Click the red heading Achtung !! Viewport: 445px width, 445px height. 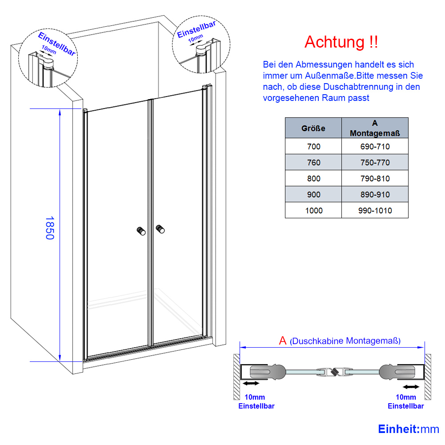pyautogui.click(x=341, y=42)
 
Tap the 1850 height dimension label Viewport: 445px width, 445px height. pyautogui.click(x=50, y=228)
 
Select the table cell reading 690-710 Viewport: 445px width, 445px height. pyautogui.click(x=375, y=146)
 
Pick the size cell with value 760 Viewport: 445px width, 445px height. pyautogui.click(x=313, y=162)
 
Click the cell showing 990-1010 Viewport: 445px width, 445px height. pyautogui.click(x=375, y=210)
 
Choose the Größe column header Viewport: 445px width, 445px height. pyautogui.click(x=313, y=128)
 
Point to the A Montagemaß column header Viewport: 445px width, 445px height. pyautogui.click(x=375, y=128)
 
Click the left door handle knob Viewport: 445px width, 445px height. pyautogui.click(x=141, y=231)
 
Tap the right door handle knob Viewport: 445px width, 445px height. pyautogui.click(x=160, y=229)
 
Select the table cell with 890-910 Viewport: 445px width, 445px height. pyautogui.click(x=375, y=194)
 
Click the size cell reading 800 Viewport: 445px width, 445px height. pyautogui.click(x=313, y=179)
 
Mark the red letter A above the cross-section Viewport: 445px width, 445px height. pyautogui.click(x=283, y=341)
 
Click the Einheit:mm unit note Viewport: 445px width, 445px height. pyautogui.click(x=409, y=429)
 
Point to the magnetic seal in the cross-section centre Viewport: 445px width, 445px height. pyautogui.click(x=335, y=372)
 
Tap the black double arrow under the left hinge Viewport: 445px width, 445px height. pyautogui.click(x=251, y=383)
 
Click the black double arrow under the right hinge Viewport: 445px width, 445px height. pyautogui.click(x=411, y=386)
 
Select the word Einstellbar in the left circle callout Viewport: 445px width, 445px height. pyautogui.click(x=57, y=44)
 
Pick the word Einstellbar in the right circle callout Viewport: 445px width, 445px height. pyautogui.click(x=196, y=29)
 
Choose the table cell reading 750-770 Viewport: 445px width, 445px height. pyautogui.click(x=375, y=162)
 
